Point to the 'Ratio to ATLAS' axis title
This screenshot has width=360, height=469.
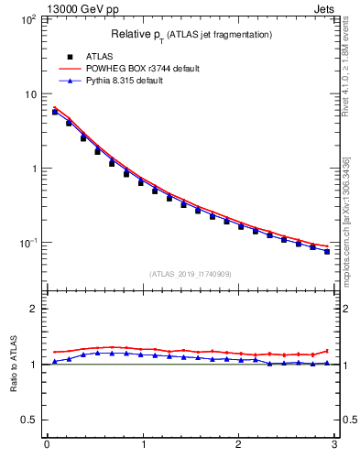click(13, 364)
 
